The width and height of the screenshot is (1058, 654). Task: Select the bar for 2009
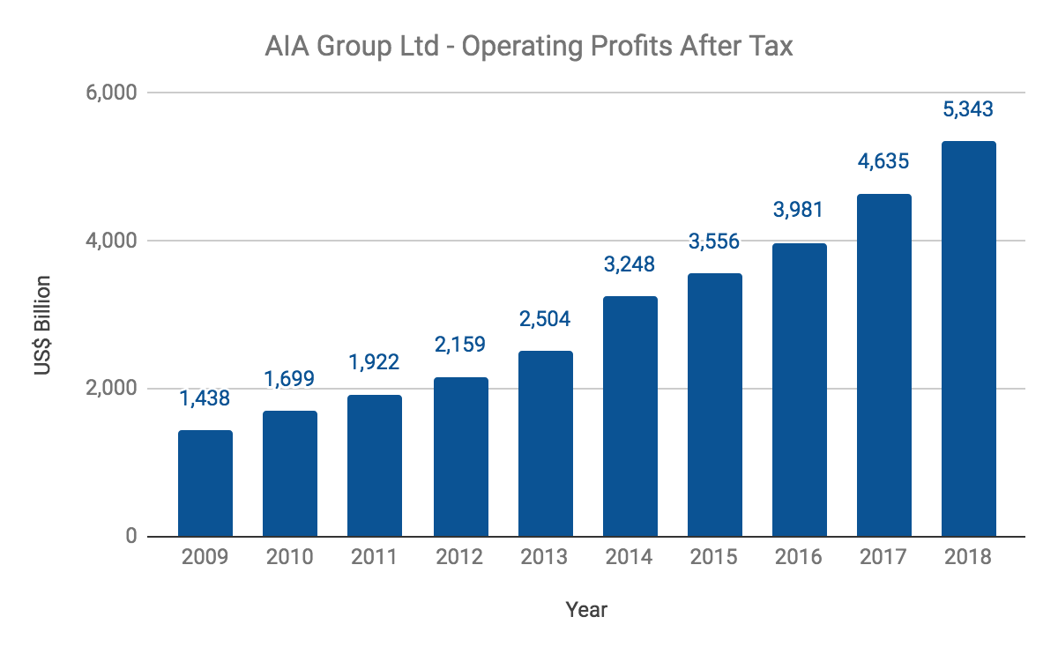(x=205, y=483)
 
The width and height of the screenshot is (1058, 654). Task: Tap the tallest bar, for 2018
(x=969, y=338)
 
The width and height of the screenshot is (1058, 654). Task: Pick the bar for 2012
(x=460, y=457)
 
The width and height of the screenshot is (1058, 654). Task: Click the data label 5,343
(x=969, y=110)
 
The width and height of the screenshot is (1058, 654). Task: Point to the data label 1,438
(x=205, y=398)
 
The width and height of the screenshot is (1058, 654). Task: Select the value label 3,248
(x=630, y=264)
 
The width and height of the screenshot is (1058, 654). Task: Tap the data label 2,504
(x=545, y=319)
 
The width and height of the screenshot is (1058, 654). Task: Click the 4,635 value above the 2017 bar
(x=884, y=162)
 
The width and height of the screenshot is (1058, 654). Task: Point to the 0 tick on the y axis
(x=130, y=536)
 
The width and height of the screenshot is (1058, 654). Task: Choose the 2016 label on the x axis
(x=800, y=558)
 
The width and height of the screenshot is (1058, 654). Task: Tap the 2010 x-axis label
(x=290, y=558)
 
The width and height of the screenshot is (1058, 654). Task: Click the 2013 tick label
(x=545, y=558)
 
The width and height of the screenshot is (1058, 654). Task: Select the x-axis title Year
(x=586, y=609)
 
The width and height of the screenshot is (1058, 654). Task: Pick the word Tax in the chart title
(x=771, y=46)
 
